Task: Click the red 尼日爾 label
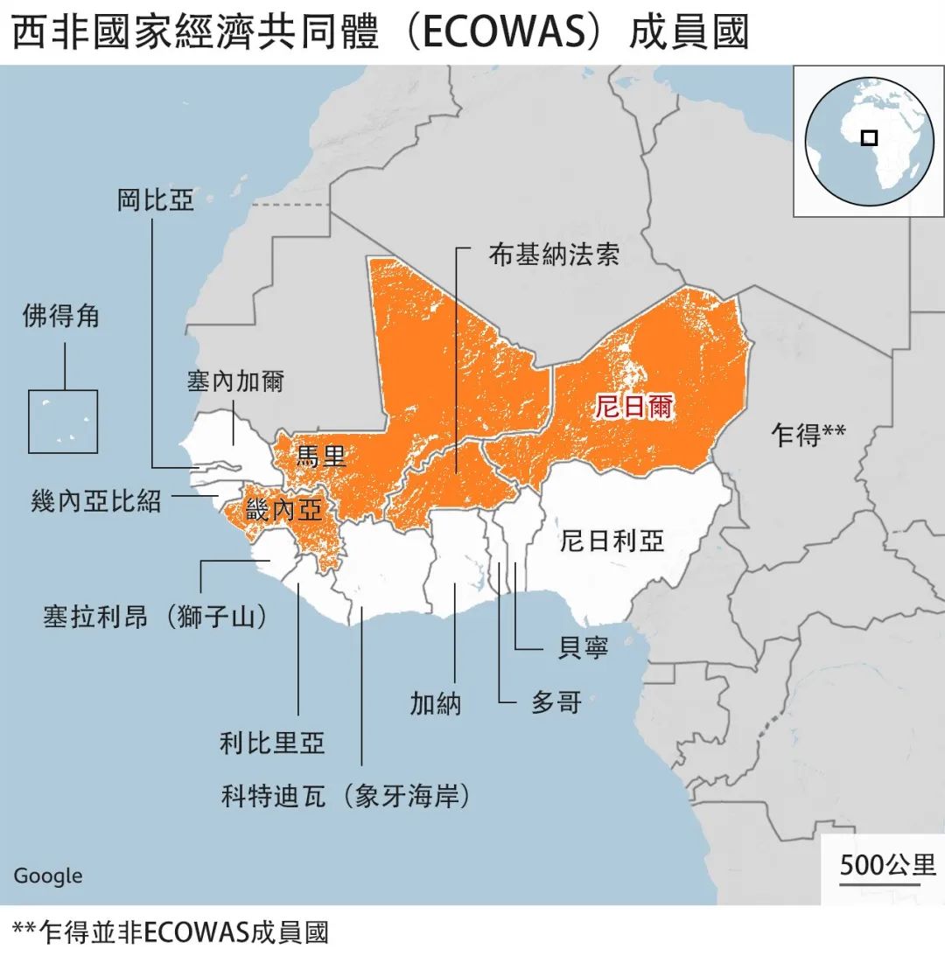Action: tap(634, 407)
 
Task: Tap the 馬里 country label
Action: tap(322, 455)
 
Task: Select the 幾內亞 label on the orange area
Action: tap(284, 510)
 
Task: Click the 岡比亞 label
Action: tap(155, 199)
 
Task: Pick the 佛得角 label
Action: tap(60, 316)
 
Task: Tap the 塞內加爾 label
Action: tap(235, 381)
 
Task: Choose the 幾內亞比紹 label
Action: tap(96, 500)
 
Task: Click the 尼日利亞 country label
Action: tap(612, 540)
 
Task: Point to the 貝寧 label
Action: tap(583, 648)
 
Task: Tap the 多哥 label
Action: tap(556, 702)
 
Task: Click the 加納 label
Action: tap(435, 702)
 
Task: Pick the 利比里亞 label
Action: tap(272, 743)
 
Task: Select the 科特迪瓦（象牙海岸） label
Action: tap(346, 797)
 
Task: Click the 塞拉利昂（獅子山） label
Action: tap(155, 616)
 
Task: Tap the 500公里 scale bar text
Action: tap(887, 865)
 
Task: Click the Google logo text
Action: tap(48, 876)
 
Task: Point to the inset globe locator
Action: tap(868, 140)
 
